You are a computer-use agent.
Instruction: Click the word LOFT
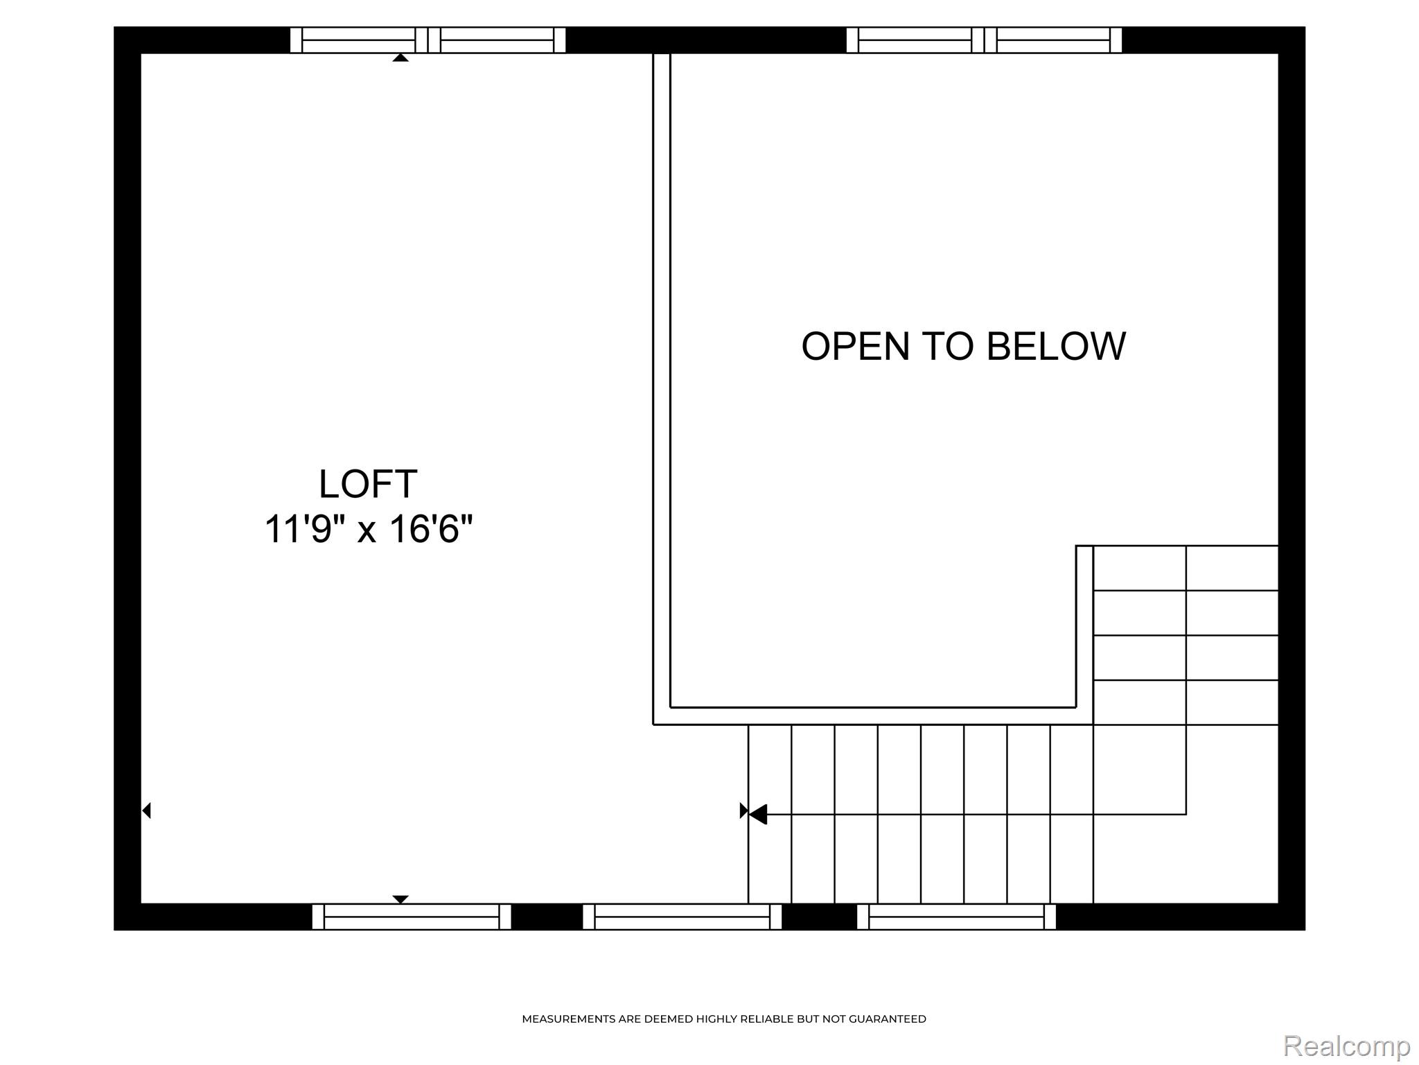click(x=368, y=484)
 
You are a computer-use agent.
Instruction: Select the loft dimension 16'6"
click(x=431, y=529)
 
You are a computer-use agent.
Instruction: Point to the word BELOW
click(x=1056, y=346)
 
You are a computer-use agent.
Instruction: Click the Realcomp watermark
click(x=1346, y=1046)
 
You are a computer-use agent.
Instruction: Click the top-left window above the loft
click(x=428, y=40)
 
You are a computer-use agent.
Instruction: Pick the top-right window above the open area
click(x=984, y=40)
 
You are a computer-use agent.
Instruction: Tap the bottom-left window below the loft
click(x=412, y=917)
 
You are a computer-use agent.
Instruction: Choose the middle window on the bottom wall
click(x=682, y=917)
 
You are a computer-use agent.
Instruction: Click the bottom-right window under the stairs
click(x=956, y=917)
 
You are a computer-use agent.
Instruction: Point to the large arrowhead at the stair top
click(x=758, y=814)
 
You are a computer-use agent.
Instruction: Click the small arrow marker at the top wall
click(x=400, y=58)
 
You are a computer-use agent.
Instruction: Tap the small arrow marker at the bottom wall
click(x=400, y=899)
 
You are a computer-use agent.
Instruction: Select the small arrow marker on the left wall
click(x=146, y=810)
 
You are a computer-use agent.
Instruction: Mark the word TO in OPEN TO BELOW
click(x=947, y=346)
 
